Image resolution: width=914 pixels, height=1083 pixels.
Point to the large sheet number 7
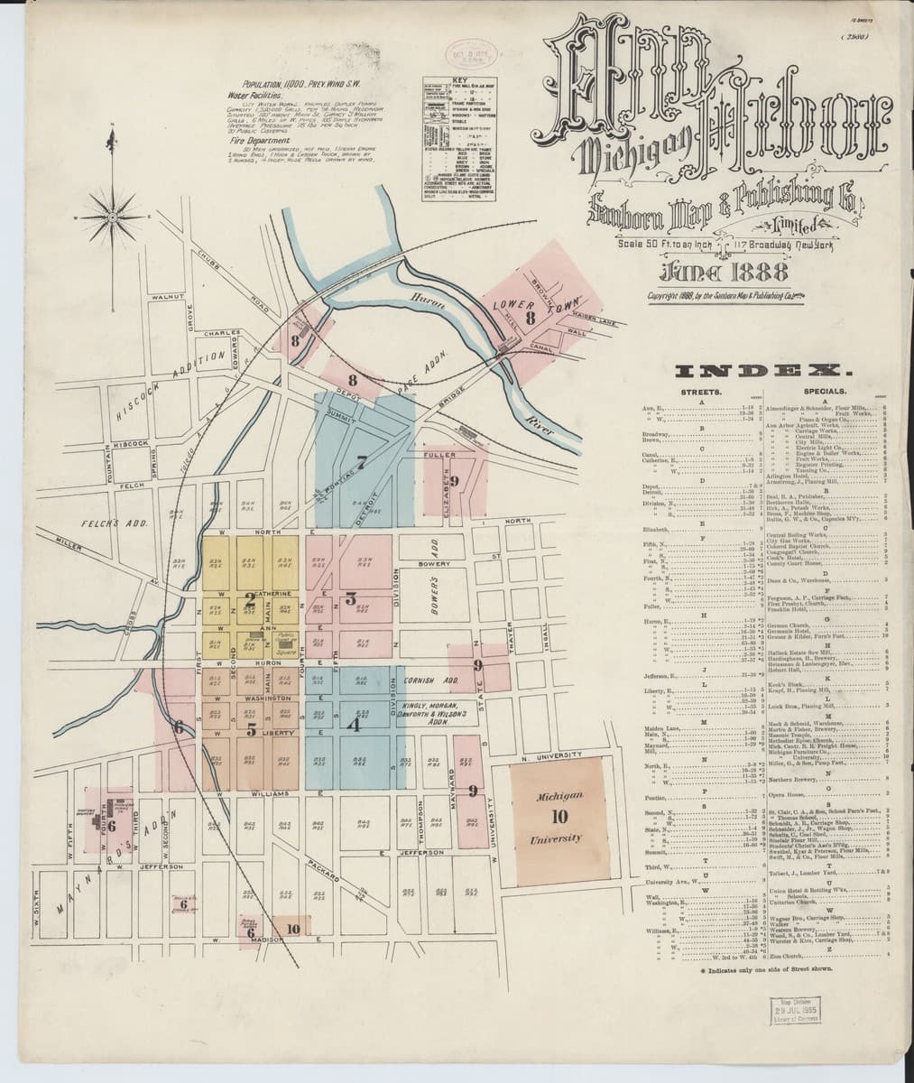[362, 463]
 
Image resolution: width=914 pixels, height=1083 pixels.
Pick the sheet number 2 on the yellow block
[249, 597]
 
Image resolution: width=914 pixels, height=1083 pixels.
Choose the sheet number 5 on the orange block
[252, 728]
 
